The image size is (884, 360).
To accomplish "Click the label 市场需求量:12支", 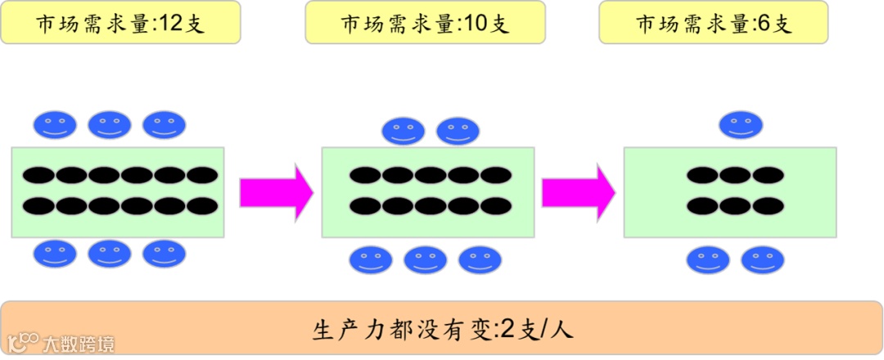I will (120, 23).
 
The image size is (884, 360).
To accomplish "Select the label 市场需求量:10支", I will (425, 23).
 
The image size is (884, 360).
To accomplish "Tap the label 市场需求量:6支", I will (714, 23).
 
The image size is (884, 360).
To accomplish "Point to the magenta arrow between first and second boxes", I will (276, 191).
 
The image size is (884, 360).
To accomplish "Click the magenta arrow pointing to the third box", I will (578, 191).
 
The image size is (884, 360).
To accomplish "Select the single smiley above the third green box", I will (741, 124).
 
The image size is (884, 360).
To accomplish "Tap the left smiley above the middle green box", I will (404, 131).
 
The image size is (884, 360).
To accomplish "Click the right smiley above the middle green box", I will (458, 131).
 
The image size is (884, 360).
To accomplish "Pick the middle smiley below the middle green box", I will (426, 260).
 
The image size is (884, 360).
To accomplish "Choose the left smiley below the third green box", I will (708, 260).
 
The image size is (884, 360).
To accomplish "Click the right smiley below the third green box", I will (763, 260).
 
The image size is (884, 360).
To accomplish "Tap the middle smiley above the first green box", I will (110, 124).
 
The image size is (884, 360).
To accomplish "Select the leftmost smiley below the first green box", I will (55, 253).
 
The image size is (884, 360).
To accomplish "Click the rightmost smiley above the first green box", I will (165, 124).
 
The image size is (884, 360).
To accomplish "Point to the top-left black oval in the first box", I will (38, 175).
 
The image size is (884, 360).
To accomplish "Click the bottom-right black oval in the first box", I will (202, 205).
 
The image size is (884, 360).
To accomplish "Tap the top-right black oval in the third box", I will (769, 175).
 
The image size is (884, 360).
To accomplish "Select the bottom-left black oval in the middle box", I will (365, 205).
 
